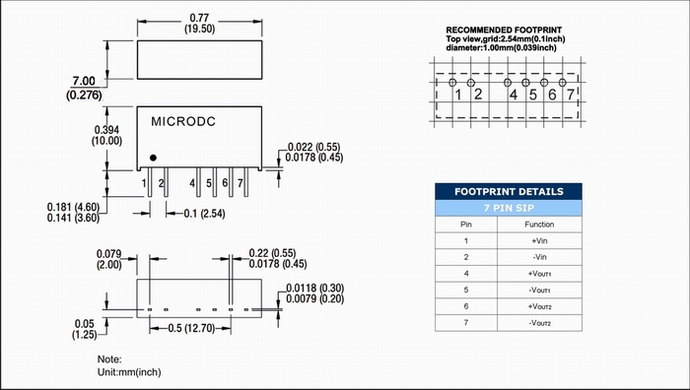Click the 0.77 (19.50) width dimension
point(199,24)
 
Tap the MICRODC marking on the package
point(183,122)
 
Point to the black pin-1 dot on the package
point(153,158)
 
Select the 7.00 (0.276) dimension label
point(84,88)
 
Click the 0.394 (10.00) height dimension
point(106,136)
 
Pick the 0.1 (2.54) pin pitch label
point(204,214)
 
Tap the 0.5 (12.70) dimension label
point(191,328)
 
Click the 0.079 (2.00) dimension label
point(108,259)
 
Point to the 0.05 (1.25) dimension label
point(85,329)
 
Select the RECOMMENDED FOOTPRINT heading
point(504,30)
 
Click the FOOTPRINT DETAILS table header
point(509,192)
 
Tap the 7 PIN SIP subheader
point(509,208)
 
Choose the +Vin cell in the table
point(539,241)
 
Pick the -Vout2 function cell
point(539,323)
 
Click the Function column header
point(539,225)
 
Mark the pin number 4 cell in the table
point(466,274)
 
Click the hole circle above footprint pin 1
point(452,82)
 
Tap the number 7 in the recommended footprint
point(571,95)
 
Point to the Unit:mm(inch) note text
point(129,372)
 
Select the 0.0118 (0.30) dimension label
point(315,288)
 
